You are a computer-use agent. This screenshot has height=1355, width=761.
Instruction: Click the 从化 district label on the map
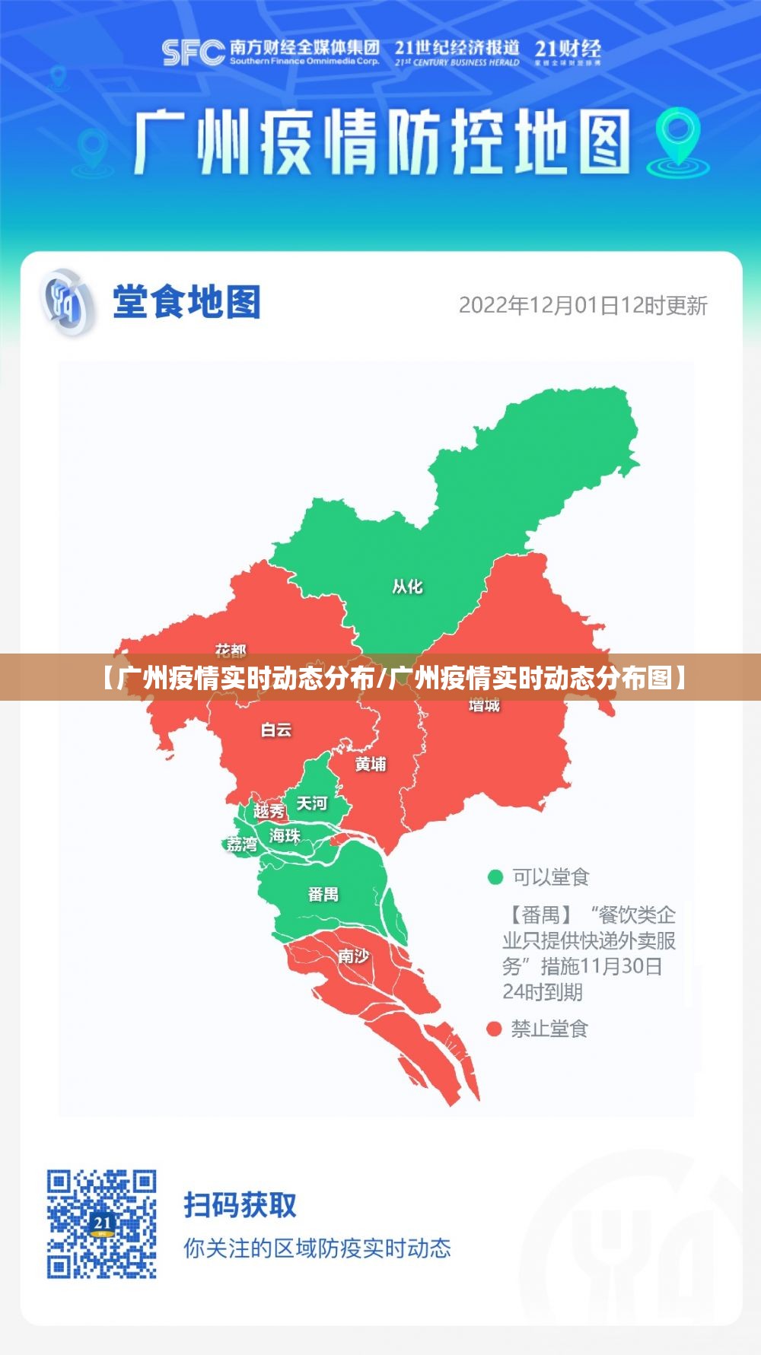407,587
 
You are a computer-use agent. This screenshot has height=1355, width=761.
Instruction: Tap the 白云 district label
276,730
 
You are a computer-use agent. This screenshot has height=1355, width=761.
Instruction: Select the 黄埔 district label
371,764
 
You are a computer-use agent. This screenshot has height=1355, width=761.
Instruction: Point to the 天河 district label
311,803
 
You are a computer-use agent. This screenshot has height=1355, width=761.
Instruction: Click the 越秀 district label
269,811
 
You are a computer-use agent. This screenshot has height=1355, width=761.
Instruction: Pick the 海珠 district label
285,835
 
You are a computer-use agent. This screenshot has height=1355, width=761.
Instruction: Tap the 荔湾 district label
242,844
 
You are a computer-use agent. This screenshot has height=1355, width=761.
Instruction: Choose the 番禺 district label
323,894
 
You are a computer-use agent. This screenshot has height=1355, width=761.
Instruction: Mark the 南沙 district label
354,956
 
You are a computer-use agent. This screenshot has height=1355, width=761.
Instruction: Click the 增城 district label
484,705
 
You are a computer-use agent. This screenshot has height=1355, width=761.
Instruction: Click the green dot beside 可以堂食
495,877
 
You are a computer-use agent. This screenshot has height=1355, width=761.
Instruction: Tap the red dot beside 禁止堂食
495,1029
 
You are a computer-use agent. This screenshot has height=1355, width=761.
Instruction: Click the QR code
102,1223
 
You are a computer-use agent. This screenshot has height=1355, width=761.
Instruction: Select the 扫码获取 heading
240,1205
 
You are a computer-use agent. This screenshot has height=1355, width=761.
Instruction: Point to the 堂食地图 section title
186,302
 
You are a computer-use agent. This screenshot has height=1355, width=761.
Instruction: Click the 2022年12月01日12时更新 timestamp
583,306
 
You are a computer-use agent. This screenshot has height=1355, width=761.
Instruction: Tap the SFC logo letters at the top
193,52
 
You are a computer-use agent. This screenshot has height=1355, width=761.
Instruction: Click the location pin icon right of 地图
677,138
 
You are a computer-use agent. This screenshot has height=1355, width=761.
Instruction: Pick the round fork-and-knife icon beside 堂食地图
68,303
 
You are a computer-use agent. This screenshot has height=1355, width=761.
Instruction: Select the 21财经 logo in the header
567,52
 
